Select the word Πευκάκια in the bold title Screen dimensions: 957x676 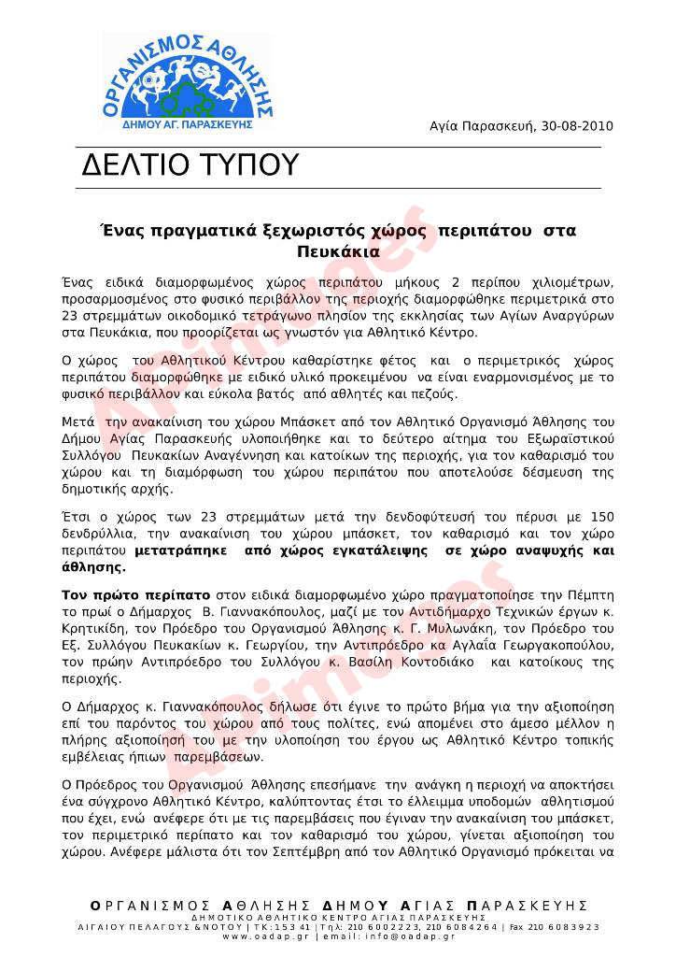click(x=338, y=251)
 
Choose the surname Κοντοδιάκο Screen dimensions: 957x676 click(x=431, y=661)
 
